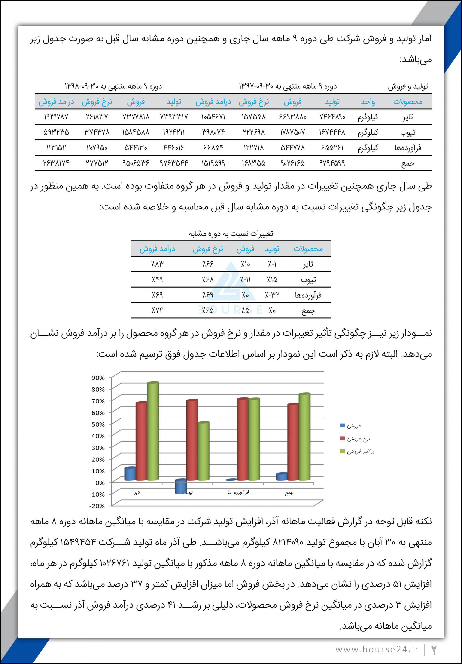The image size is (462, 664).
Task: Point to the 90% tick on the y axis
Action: (98, 378)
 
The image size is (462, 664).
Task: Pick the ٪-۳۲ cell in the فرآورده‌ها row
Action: (272, 295)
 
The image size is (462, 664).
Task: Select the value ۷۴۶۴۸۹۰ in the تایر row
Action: (332, 117)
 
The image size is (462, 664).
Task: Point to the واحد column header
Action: (368, 101)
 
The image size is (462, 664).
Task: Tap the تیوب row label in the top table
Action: (408, 132)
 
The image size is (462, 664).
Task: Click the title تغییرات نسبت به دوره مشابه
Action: (231, 233)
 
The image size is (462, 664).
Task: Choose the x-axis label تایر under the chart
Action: (137, 492)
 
